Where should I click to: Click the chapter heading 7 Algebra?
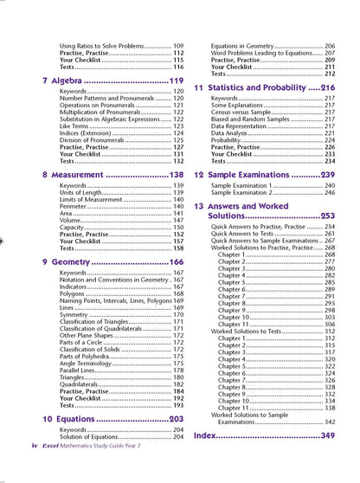pyautogui.click(x=73, y=80)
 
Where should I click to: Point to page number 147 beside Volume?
pyautogui.click(x=178, y=221)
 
